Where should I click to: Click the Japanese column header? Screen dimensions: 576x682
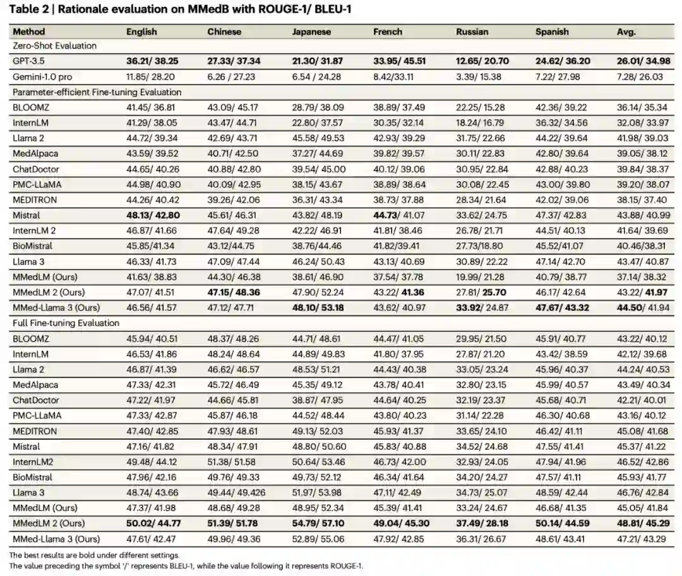point(310,32)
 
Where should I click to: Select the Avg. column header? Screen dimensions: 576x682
point(626,32)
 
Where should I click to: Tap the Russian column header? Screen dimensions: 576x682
point(472,32)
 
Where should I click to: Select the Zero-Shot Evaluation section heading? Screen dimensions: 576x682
point(55,46)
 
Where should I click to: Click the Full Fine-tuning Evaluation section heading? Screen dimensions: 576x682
point(66,323)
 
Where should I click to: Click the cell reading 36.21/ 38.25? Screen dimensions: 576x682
point(152,61)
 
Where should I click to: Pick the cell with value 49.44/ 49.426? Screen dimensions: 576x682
point(237,493)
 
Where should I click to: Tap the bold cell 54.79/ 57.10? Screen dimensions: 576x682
point(320,524)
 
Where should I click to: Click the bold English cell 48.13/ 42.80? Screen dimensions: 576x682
point(152,215)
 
